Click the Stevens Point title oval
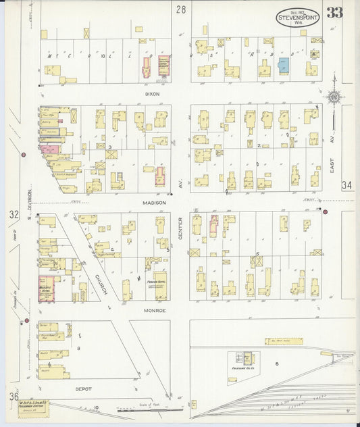298,17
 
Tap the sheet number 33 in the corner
334,13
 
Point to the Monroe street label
155,310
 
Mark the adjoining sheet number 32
14,215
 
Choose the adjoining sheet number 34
347,185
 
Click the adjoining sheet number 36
14,397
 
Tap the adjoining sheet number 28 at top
180,9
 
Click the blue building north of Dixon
283,66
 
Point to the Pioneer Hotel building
160,286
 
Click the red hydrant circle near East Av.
325,212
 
